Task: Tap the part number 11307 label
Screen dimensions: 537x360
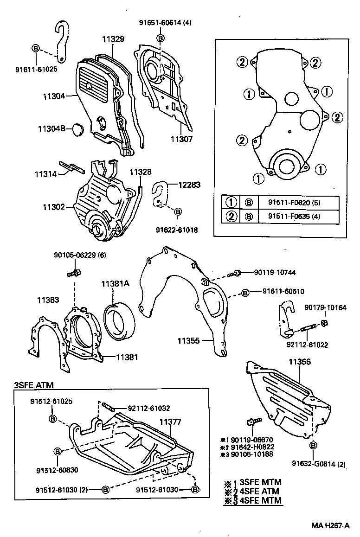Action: (x=180, y=138)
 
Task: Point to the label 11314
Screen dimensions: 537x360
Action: (x=45, y=174)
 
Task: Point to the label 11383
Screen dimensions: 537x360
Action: (x=48, y=300)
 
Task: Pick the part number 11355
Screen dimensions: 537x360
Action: (x=188, y=341)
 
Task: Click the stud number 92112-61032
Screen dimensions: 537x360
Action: (x=148, y=408)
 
